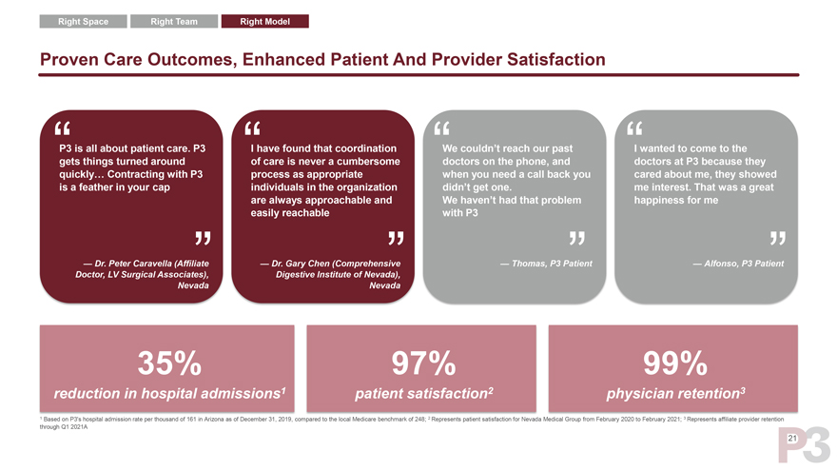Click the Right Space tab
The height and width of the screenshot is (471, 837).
(83, 21)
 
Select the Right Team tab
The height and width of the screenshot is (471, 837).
(173, 21)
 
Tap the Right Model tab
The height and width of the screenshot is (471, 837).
(264, 21)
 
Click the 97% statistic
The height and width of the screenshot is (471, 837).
(422, 363)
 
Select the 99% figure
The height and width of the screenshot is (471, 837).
(674, 363)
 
